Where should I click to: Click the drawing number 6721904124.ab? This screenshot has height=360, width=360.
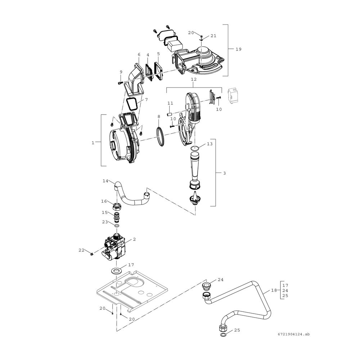point(293,334)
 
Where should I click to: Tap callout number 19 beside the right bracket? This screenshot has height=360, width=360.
point(239,49)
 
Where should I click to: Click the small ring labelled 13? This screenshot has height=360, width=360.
point(195,148)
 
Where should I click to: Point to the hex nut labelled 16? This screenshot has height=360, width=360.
point(117,206)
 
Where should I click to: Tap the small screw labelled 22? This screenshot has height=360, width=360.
point(91,254)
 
